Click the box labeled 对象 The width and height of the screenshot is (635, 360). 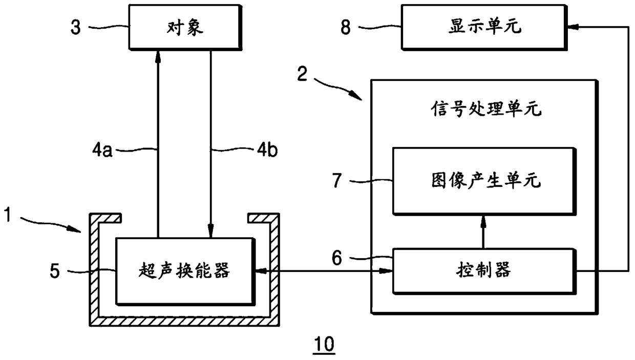click(x=185, y=28)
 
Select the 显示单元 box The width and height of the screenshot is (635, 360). click(x=484, y=28)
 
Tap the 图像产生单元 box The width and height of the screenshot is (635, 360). click(x=484, y=181)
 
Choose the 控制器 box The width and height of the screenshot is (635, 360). click(x=484, y=271)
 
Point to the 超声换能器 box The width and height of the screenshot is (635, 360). click(x=184, y=271)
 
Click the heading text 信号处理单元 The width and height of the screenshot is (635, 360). click(x=486, y=109)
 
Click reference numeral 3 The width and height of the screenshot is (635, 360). click(x=76, y=28)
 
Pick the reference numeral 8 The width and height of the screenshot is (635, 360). click(x=346, y=28)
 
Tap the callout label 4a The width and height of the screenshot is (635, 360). click(x=102, y=150)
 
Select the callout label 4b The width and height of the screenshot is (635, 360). click(x=267, y=150)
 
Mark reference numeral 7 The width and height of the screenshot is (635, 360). click(x=337, y=181)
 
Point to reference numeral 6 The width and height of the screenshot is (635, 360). click(x=337, y=258)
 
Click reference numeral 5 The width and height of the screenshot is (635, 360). click(x=55, y=271)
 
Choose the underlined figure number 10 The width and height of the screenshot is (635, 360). click(x=324, y=345)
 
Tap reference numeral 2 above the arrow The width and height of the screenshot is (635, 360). click(x=302, y=74)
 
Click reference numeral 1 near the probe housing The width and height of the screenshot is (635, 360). click(x=8, y=215)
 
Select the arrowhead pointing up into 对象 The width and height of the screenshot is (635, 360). click(x=158, y=56)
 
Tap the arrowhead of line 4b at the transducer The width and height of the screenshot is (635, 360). click(x=210, y=231)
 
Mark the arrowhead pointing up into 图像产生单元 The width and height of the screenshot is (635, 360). click(x=483, y=221)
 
